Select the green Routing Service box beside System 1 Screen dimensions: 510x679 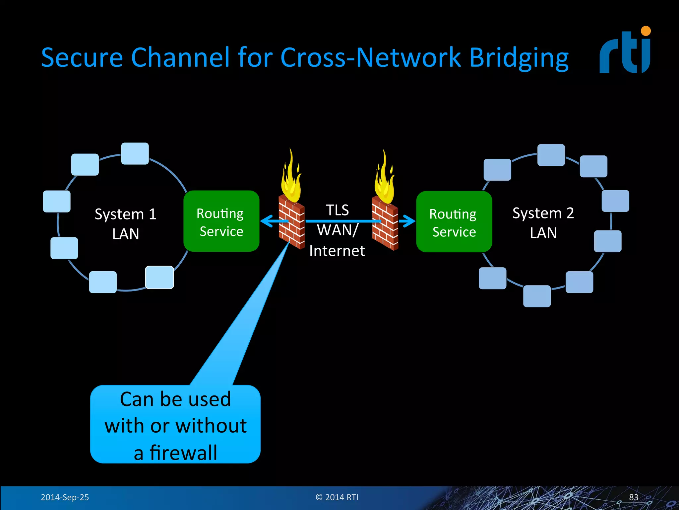point(221,221)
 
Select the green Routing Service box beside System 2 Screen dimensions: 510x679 point(454,222)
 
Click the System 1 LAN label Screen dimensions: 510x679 point(125,224)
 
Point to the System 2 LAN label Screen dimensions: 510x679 point(543,222)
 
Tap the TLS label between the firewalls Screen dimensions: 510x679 point(337,210)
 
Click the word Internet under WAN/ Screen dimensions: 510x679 point(337,251)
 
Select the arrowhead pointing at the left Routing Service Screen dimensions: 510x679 point(267,221)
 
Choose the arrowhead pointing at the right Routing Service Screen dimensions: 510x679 point(409,221)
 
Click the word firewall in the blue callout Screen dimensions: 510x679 point(183,453)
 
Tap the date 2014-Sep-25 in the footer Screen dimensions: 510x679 point(65,497)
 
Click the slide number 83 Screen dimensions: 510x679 point(633,497)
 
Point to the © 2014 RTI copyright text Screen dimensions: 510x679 point(337,497)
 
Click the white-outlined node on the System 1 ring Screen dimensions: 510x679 point(159,277)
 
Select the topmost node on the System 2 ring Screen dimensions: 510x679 point(551,155)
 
